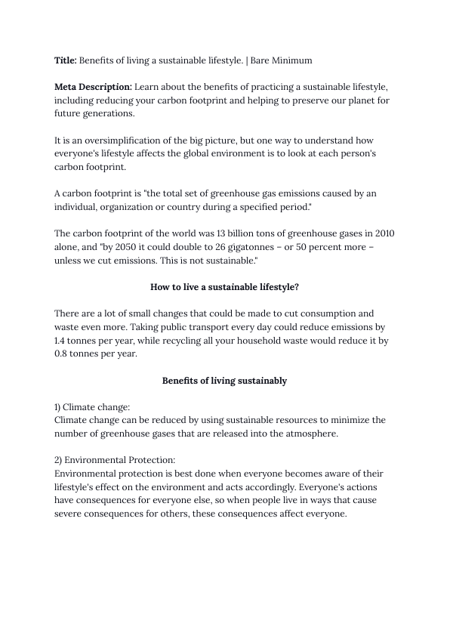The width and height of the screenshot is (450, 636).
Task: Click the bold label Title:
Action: click(x=66, y=59)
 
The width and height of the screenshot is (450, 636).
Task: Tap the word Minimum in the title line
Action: click(x=291, y=59)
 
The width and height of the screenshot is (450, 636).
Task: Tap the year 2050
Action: click(x=125, y=246)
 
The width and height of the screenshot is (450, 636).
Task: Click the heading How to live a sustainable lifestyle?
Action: click(x=224, y=286)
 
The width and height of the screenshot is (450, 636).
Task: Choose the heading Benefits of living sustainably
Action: click(x=224, y=381)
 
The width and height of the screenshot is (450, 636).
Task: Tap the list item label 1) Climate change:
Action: click(x=92, y=406)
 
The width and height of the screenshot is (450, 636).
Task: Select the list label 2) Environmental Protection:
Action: click(x=115, y=459)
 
